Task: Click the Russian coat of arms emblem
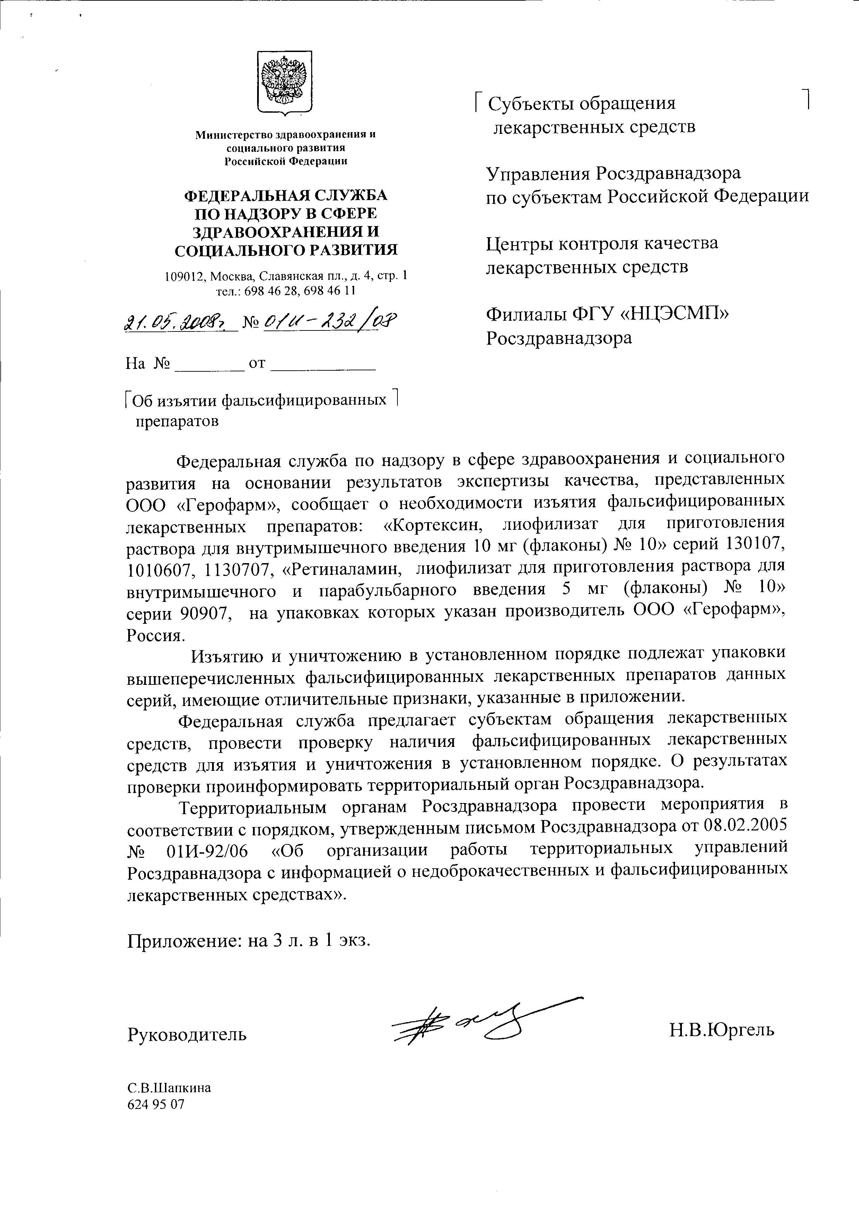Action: [284, 83]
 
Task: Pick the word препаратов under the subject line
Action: [177, 422]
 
